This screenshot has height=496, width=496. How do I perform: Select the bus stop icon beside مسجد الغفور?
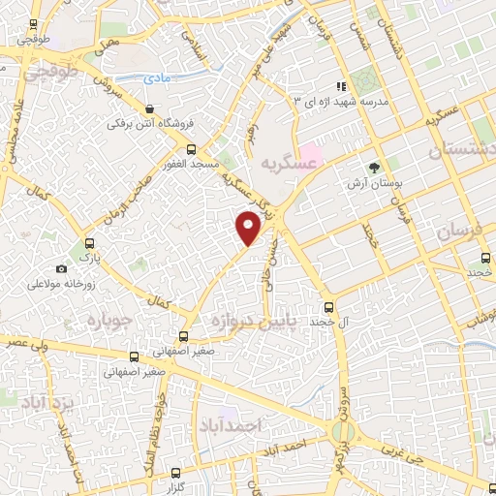coord(190,150)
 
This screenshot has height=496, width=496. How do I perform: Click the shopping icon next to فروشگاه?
coord(148,108)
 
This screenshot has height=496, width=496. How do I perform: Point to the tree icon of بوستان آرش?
coord(374,168)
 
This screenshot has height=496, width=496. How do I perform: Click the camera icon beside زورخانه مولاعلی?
coord(62,268)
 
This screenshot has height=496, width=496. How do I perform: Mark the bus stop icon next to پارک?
coord(89,244)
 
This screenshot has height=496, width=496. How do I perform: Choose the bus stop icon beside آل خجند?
coord(327,305)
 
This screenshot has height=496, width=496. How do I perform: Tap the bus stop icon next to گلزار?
coord(175,474)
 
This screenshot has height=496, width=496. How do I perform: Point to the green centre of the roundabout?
coord(342,430)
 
